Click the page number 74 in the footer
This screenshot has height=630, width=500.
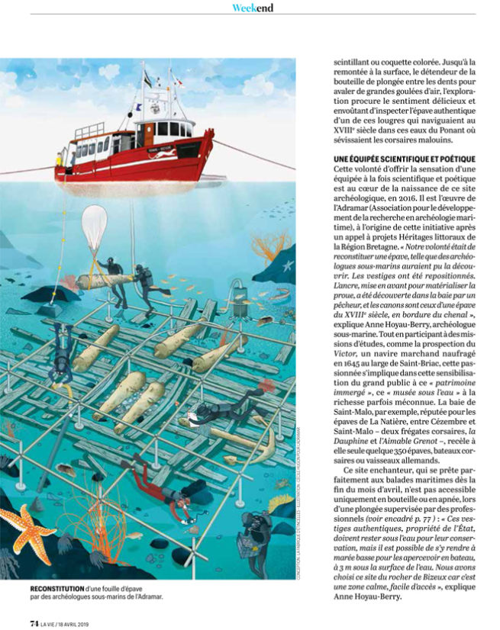coord(34,622)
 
